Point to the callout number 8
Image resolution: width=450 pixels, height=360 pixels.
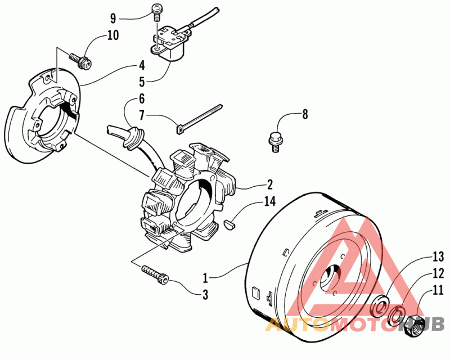click(x=305, y=114)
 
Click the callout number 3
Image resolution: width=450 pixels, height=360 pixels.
click(x=205, y=294)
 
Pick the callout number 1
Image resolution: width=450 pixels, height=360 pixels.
click(x=206, y=277)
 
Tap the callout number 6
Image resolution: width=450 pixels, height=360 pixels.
click(x=142, y=98)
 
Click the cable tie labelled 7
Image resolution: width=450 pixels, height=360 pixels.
click(x=200, y=118)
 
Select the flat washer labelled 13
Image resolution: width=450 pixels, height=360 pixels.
click(x=381, y=303)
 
